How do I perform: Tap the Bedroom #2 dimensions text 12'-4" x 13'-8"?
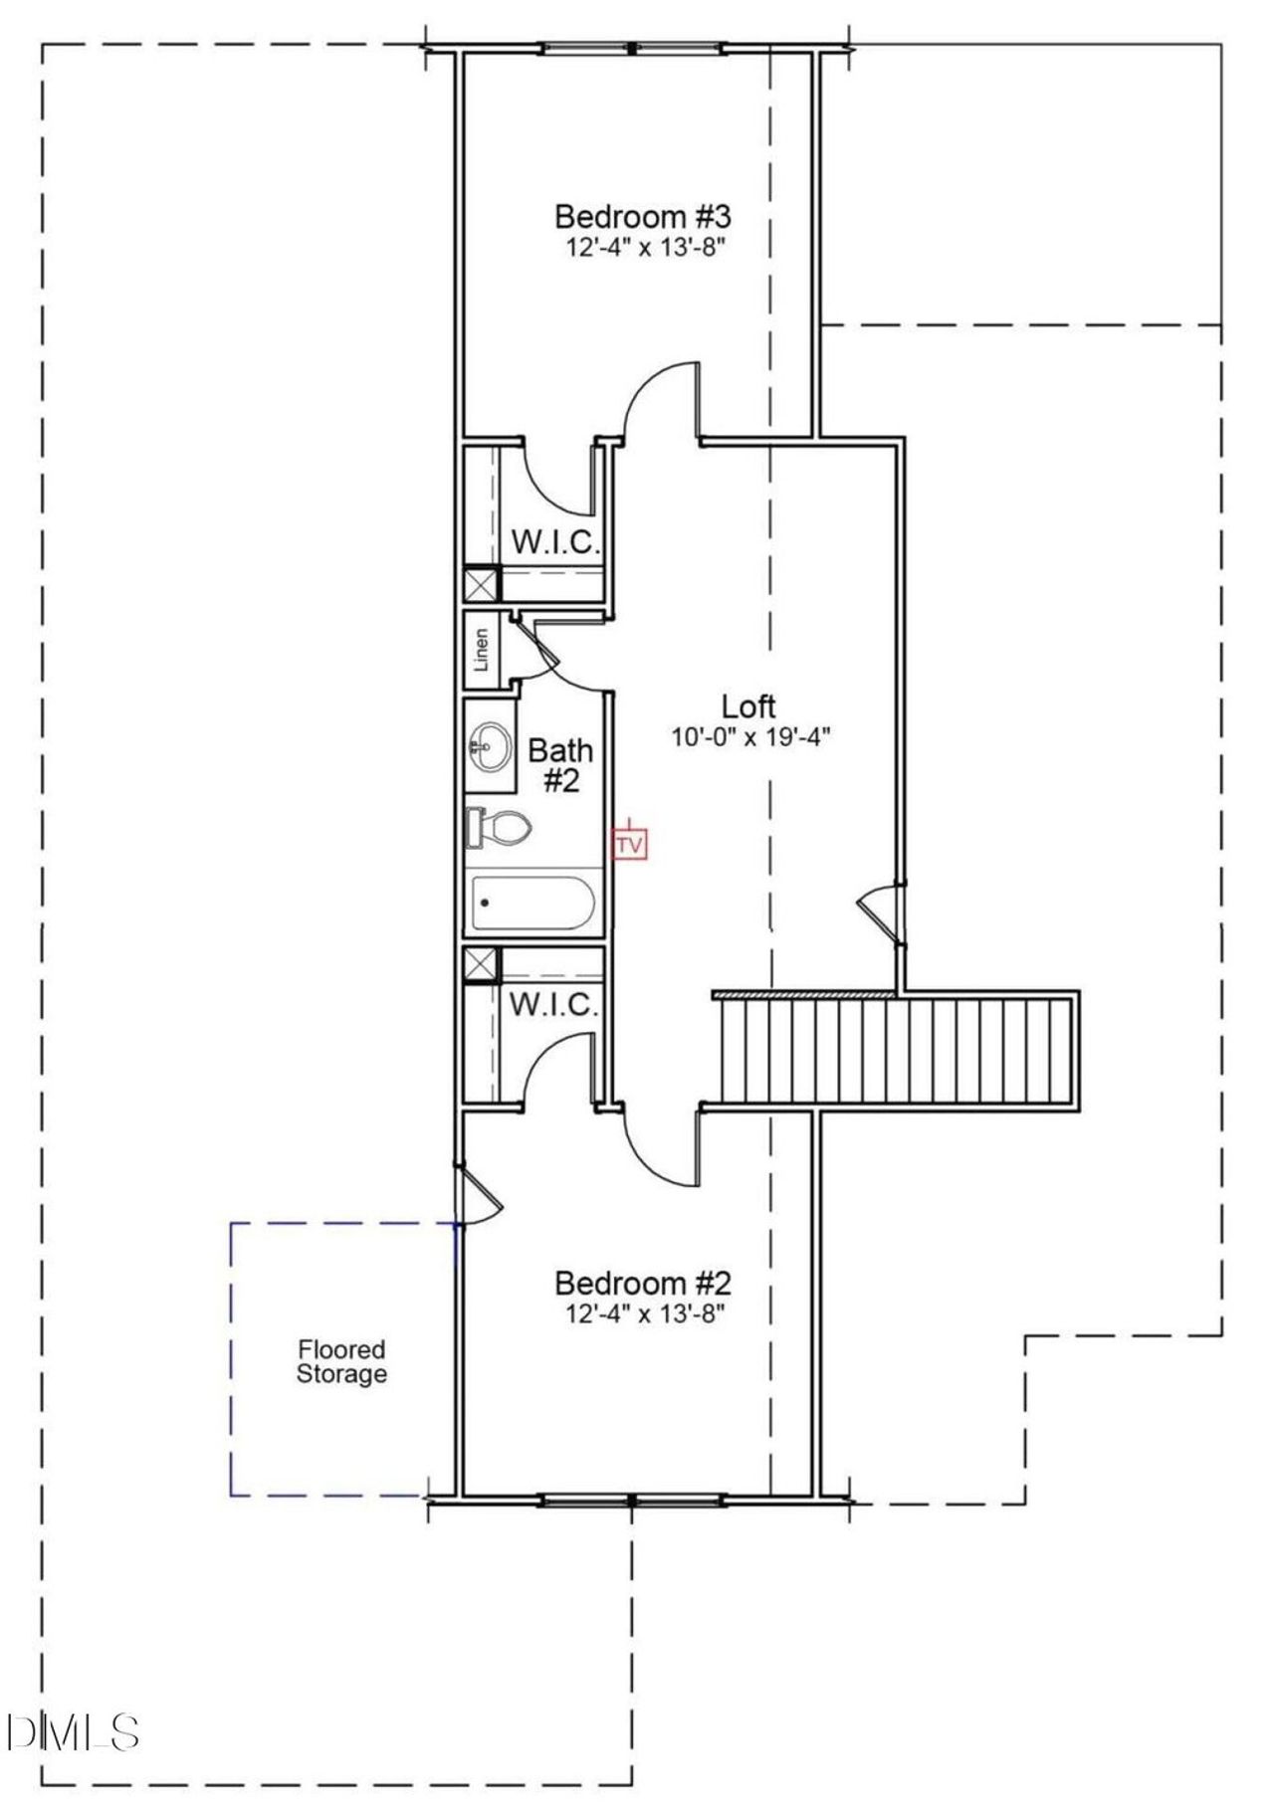[x=644, y=1313]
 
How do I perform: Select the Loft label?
[x=748, y=706]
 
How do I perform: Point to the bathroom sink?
[x=489, y=744]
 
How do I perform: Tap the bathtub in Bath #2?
[x=533, y=904]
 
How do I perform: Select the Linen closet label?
[x=482, y=649]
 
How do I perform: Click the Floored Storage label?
[x=341, y=1362]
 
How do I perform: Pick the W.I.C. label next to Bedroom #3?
[x=555, y=542]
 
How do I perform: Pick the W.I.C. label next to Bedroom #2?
[x=553, y=1004]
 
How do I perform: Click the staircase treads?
[x=896, y=1051]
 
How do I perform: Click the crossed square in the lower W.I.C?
[x=482, y=964]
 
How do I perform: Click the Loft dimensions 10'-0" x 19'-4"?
[x=750, y=736]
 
